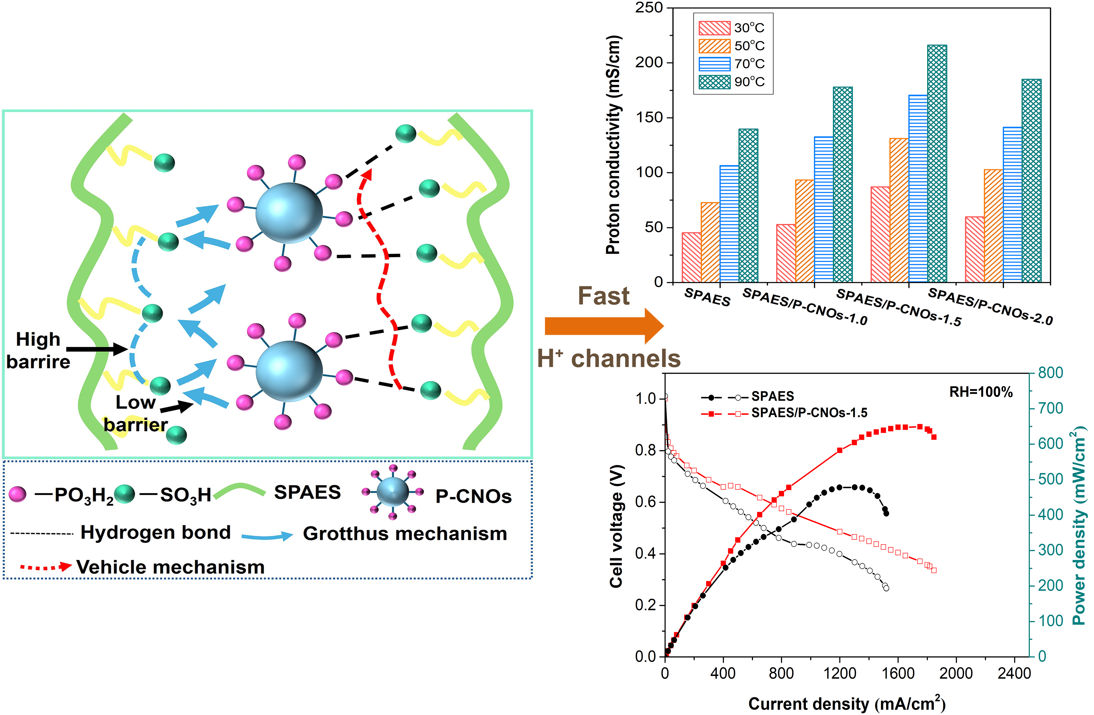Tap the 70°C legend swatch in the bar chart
coord(714,64)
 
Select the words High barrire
coord(38,350)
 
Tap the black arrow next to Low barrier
coord(177,407)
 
